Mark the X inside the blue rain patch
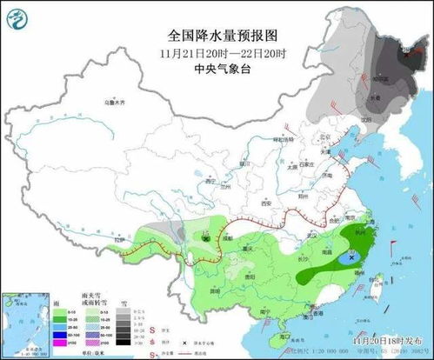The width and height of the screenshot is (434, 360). [351, 258]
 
